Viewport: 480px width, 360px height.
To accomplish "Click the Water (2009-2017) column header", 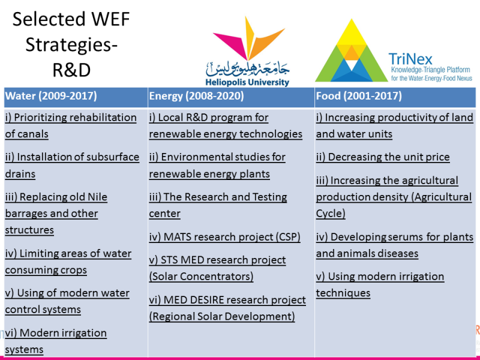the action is (51, 96).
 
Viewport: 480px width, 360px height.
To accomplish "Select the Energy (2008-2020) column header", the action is (197, 96).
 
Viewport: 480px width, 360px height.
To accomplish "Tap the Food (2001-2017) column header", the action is (359, 96).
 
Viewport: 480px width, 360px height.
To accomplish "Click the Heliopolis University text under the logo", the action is (247, 82).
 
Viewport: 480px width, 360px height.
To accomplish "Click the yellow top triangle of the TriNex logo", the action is (352, 32).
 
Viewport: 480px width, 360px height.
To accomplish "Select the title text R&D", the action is (71, 70).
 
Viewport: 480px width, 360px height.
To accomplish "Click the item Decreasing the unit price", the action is (383, 157).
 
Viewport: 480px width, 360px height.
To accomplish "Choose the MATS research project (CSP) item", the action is (224, 237).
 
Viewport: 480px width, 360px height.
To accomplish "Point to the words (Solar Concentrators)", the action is (201, 277).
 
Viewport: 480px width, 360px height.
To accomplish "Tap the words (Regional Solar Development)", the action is (222, 316).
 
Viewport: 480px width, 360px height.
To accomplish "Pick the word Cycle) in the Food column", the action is (331, 214).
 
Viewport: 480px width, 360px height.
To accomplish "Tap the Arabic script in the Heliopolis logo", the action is (247, 69).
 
